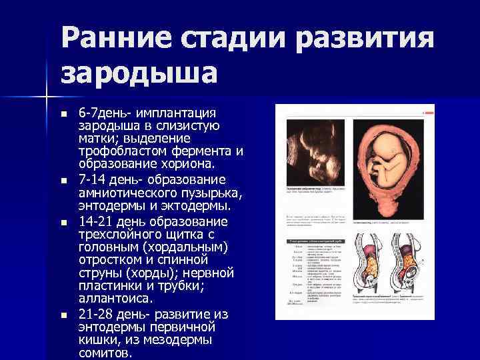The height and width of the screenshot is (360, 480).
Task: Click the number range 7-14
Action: click(94, 180)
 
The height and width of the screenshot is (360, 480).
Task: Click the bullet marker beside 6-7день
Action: click(64, 114)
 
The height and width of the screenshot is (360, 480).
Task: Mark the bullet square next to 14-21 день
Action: click(64, 222)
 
